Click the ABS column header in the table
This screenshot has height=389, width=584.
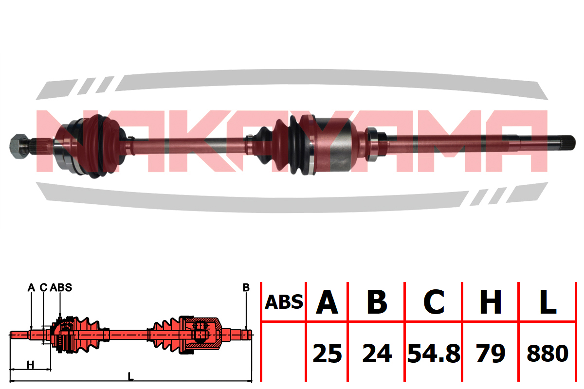[x=284, y=302]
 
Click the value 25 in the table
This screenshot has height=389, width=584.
[x=327, y=354]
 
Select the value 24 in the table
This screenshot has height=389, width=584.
[x=377, y=354]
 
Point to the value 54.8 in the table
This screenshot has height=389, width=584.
[x=434, y=354]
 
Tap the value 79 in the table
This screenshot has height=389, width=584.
[x=491, y=354]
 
